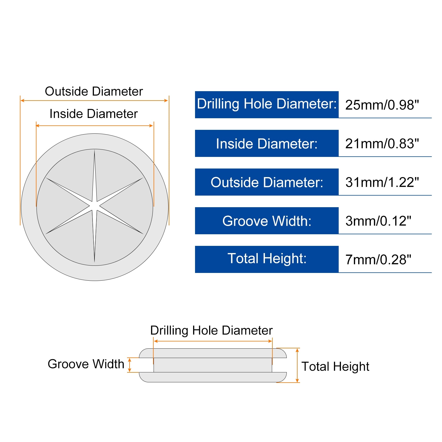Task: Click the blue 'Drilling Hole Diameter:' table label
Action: (267, 105)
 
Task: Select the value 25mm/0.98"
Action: (382, 105)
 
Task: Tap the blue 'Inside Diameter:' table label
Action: (267, 143)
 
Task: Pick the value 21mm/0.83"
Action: (382, 144)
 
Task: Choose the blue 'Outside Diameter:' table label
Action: (267, 182)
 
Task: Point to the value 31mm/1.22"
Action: (382, 182)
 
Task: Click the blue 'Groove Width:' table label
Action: (267, 221)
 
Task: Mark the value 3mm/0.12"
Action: (378, 221)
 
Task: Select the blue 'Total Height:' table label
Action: (267, 259)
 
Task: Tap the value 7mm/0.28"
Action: (378, 260)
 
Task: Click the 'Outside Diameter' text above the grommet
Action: (94, 91)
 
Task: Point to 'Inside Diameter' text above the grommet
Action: (94, 114)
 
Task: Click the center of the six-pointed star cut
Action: (94, 206)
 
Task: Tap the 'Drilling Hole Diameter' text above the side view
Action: (211, 330)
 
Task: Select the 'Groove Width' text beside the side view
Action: (86, 364)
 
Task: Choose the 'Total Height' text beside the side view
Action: (335, 367)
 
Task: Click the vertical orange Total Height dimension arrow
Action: (297, 365)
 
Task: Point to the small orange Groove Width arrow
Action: (130, 365)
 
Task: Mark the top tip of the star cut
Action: (94, 150)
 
